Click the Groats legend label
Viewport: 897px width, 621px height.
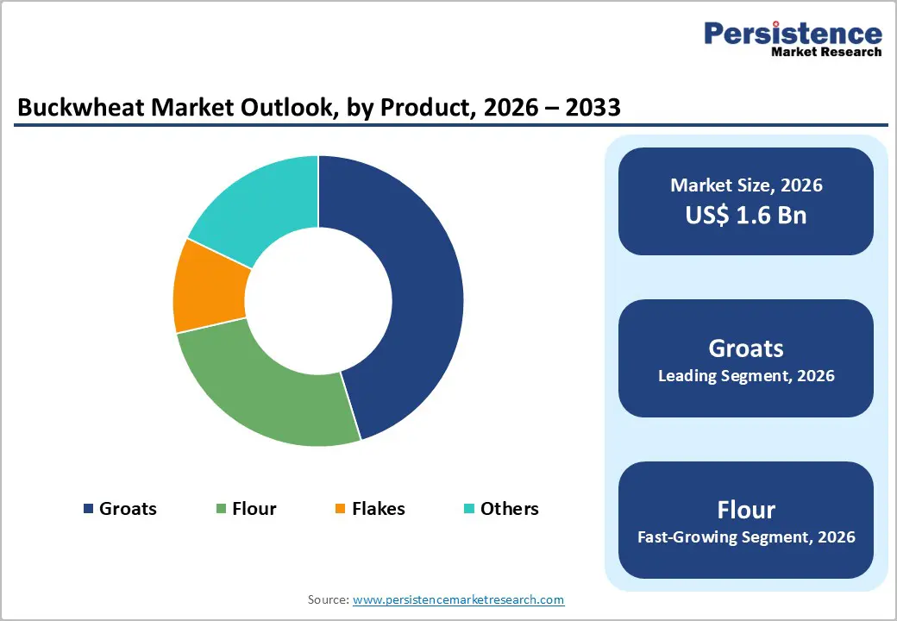[x=128, y=509]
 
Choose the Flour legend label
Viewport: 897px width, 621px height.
[x=254, y=509]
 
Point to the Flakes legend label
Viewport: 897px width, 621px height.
[x=378, y=509]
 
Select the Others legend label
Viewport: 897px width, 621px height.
[x=509, y=509]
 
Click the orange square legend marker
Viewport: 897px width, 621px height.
[x=340, y=509]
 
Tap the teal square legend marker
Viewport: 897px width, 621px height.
[x=469, y=509]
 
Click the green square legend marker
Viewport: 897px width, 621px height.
[x=221, y=509]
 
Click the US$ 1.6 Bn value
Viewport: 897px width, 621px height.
[x=746, y=215]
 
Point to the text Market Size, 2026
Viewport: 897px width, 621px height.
[x=746, y=185]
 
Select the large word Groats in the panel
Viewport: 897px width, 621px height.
[x=746, y=348]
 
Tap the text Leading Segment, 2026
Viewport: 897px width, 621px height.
[x=746, y=376]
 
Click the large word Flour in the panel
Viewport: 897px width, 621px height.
[x=746, y=509]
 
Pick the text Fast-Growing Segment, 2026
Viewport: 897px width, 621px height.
[x=746, y=537]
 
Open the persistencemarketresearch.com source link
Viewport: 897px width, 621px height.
[x=458, y=599]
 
